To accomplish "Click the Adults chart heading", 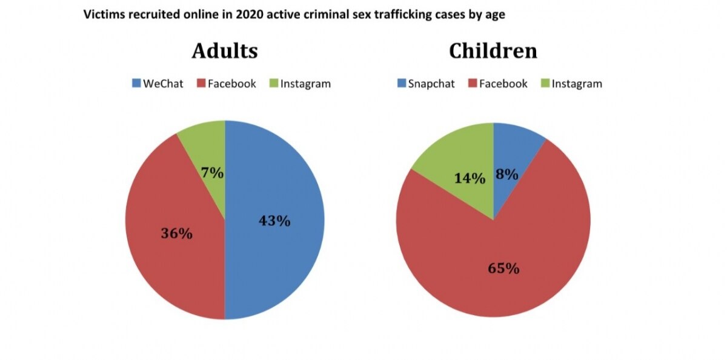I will pyautogui.click(x=225, y=51).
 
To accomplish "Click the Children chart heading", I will pyautogui.click(x=493, y=51).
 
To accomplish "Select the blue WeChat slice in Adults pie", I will pyautogui.click(x=279, y=255).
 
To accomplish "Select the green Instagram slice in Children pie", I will pyautogui.click(x=454, y=158).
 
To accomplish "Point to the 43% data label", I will pyautogui.click(x=274, y=221).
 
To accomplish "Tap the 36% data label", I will pyautogui.click(x=176, y=233).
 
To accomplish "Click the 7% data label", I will pyautogui.click(x=213, y=173).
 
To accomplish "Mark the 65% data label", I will pyautogui.click(x=503, y=268).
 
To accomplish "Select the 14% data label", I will pyautogui.click(x=470, y=178).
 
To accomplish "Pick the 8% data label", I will pyautogui.click(x=506, y=175).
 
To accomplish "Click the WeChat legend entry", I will pyautogui.click(x=157, y=84).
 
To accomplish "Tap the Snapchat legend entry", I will pyautogui.click(x=425, y=84).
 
